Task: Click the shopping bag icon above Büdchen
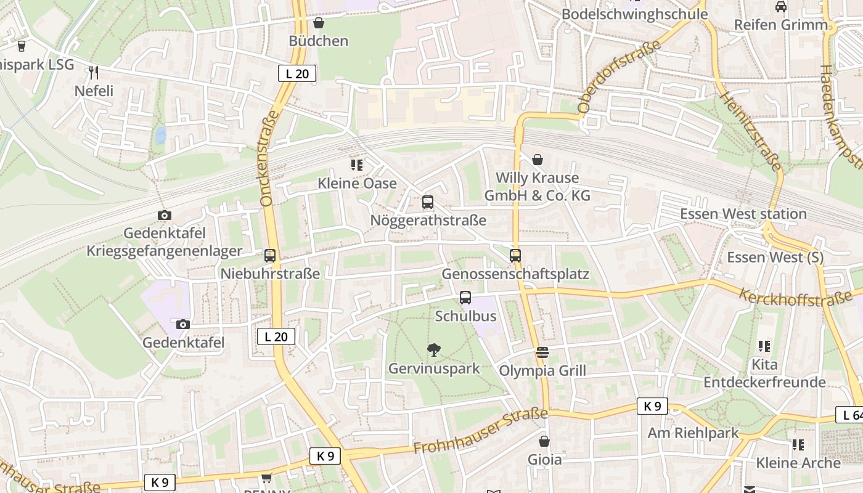point(319,23)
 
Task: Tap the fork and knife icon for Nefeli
point(94,73)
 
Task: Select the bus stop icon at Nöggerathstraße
point(428,202)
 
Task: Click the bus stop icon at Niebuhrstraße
point(270,256)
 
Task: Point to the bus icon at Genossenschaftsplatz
point(515,256)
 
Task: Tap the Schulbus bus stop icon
point(465,298)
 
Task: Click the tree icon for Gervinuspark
point(434,350)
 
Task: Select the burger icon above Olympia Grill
point(542,352)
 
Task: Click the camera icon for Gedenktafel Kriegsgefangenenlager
point(164,215)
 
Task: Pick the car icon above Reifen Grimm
point(781,7)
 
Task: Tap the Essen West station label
point(743,214)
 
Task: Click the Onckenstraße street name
point(270,158)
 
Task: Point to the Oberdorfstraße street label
point(619,76)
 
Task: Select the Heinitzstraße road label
point(750,131)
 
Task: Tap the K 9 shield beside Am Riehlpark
point(652,406)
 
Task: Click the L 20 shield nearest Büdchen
point(297,74)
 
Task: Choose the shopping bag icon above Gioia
point(544,441)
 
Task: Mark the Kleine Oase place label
point(357,183)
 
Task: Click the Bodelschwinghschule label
point(634,14)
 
